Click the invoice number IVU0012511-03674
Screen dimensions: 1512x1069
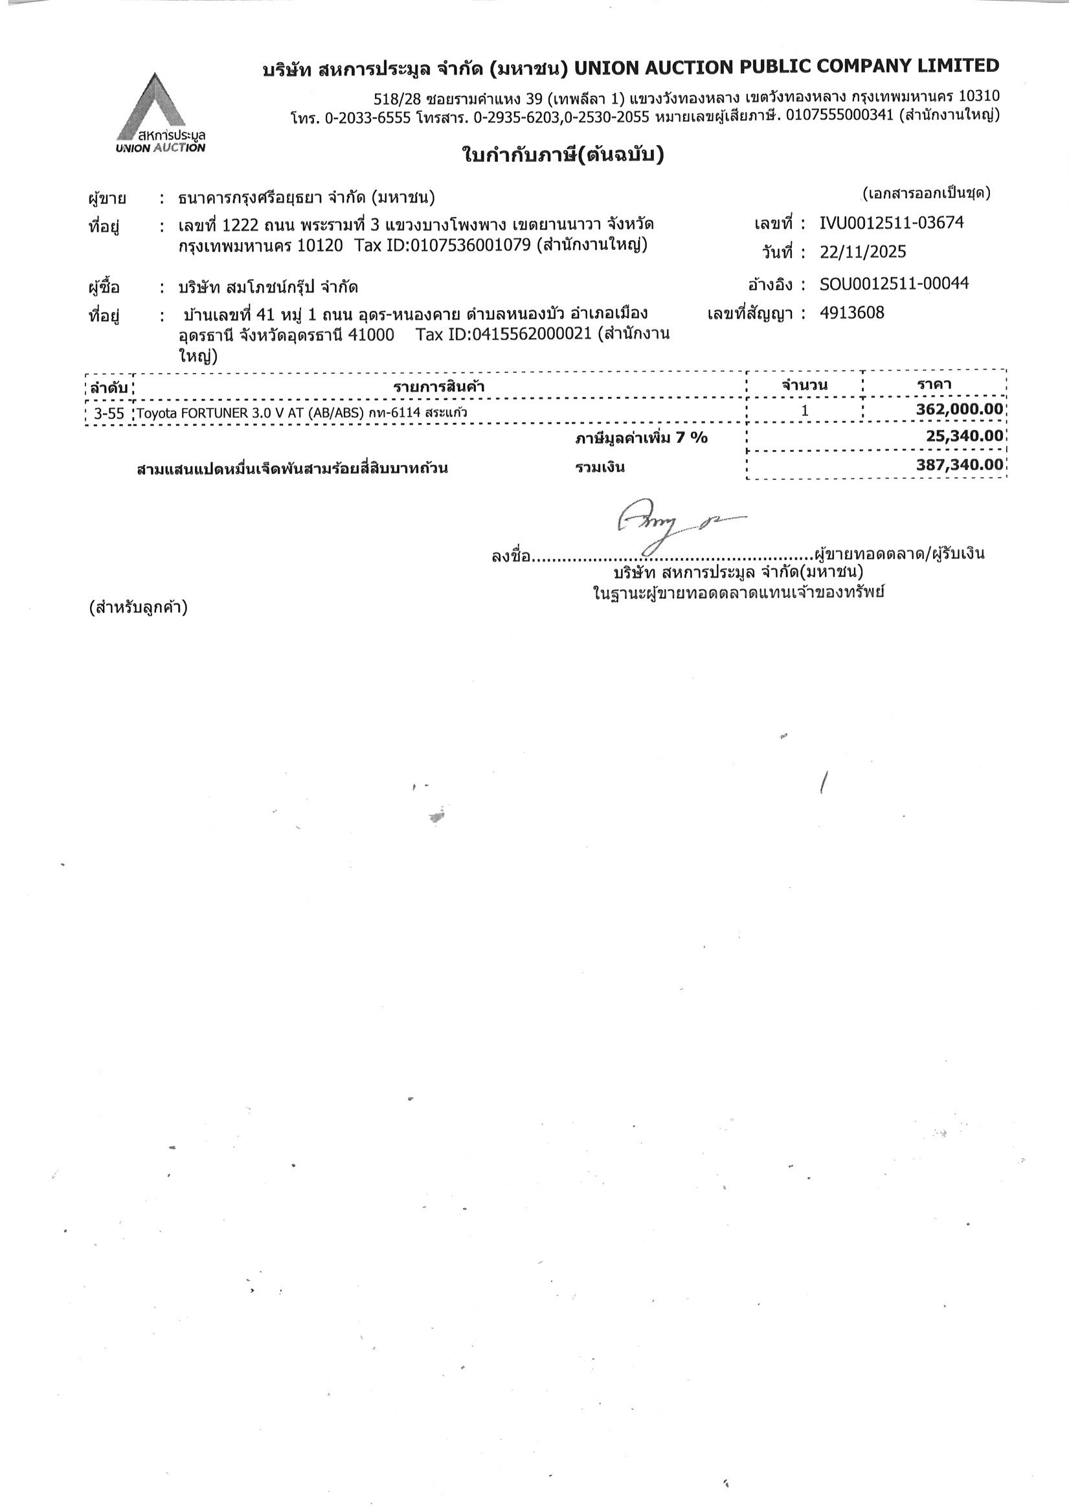(x=891, y=223)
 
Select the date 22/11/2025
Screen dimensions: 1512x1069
(x=863, y=251)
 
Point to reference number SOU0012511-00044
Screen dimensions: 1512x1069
(x=894, y=284)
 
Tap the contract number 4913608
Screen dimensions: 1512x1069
(x=851, y=312)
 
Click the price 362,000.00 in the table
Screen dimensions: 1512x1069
(x=960, y=410)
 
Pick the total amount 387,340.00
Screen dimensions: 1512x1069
(x=960, y=465)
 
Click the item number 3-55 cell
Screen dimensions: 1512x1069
(x=109, y=413)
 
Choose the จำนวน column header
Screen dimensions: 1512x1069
(x=804, y=385)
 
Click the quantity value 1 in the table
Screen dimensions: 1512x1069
(x=804, y=411)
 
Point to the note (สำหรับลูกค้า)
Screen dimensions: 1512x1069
(x=139, y=607)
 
